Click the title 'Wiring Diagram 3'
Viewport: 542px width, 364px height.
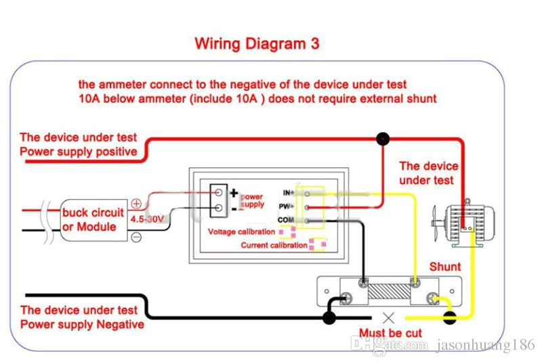pos(257,44)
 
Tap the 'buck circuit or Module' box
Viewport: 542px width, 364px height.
pos(93,219)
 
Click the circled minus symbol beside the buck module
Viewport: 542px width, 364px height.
pos(135,237)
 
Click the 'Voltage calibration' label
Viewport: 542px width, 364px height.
pos(241,232)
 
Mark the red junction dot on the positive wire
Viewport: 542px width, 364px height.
pos(383,139)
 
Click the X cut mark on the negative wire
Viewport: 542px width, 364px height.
pos(388,317)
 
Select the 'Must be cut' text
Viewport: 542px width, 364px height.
pos(390,333)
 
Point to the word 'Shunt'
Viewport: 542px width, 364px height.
pos(445,267)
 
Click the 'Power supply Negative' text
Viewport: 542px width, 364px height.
pos(82,324)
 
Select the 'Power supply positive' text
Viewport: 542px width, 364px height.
pos(78,152)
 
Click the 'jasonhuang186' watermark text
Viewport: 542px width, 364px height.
pos(485,345)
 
